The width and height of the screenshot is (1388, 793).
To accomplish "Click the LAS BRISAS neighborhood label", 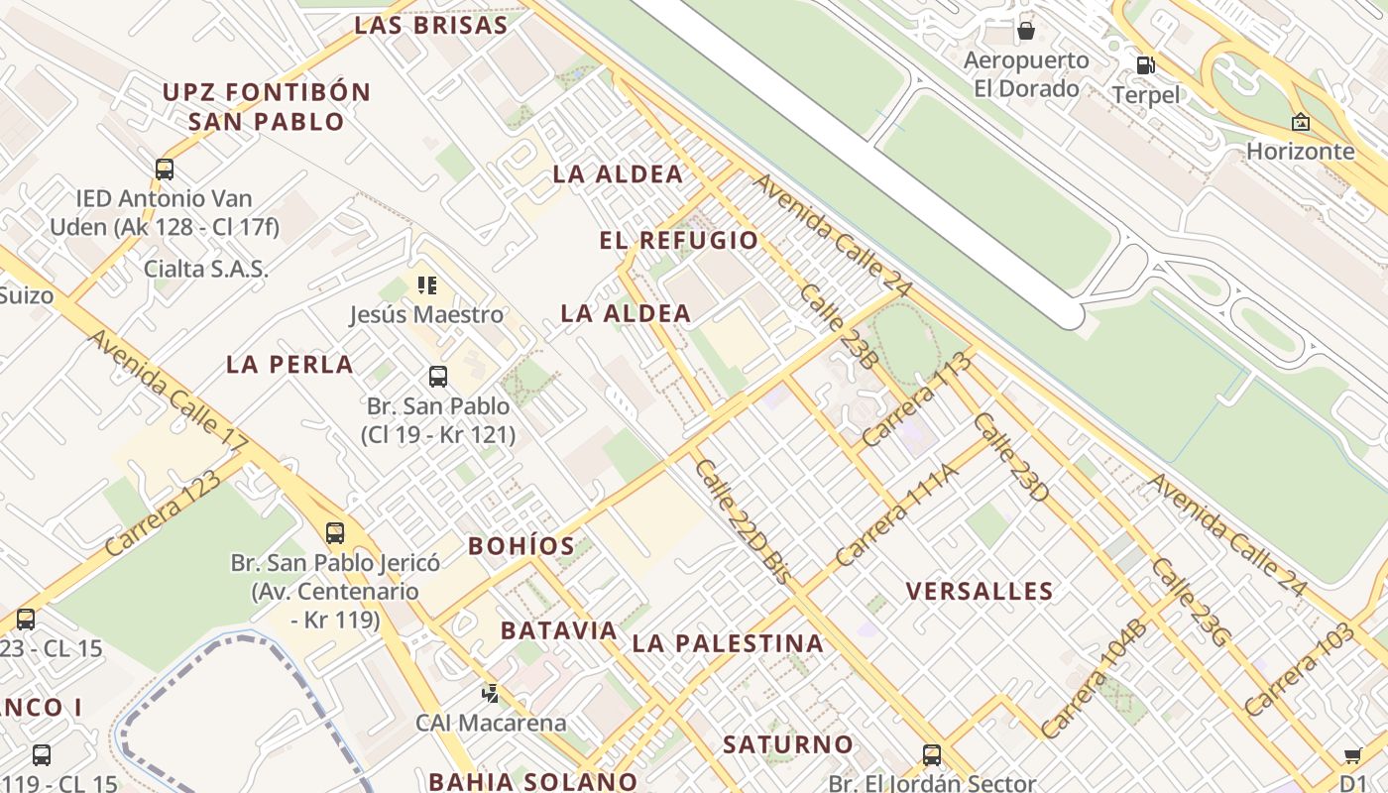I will click(431, 26).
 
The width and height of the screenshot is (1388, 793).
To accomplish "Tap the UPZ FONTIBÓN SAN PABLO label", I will click(267, 107).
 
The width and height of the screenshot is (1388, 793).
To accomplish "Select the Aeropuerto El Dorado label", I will click(1026, 74).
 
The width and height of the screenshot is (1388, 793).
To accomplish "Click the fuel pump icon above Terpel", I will click(1145, 65).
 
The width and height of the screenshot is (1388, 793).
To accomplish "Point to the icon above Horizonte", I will click(1300, 122).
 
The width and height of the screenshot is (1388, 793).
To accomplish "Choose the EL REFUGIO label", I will click(679, 240).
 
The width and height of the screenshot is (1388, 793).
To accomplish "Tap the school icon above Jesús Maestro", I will click(427, 286).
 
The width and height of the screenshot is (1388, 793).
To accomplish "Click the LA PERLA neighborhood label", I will click(289, 364).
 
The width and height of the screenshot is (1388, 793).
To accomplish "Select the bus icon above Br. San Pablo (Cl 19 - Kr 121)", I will click(438, 377).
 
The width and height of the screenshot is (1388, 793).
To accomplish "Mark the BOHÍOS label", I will click(521, 546).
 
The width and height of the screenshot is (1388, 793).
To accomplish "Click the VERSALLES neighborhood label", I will click(980, 592).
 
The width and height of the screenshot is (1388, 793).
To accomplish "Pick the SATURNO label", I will click(788, 744).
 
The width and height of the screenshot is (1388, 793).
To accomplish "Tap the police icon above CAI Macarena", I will click(490, 694).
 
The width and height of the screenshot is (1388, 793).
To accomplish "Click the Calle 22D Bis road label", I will click(743, 521).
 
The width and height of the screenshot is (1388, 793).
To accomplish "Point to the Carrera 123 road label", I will click(163, 512).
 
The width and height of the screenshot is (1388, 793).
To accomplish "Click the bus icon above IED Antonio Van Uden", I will click(165, 170).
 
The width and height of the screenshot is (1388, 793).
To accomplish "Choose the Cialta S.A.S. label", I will click(206, 269).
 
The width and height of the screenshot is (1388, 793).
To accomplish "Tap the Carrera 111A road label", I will click(898, 514).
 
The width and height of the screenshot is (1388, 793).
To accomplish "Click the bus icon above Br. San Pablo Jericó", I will click(335, 533).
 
